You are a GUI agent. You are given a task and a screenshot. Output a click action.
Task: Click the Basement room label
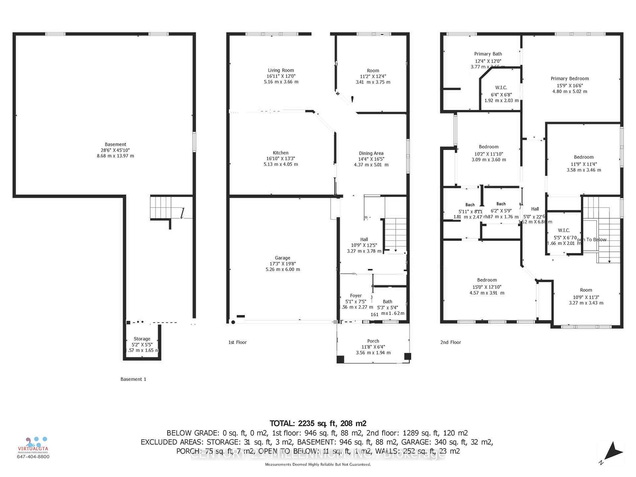click(x=115, y=144)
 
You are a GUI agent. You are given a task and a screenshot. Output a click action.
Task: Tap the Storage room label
click(x=142, y=339)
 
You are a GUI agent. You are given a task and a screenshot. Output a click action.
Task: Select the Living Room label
click(x=281, y=70)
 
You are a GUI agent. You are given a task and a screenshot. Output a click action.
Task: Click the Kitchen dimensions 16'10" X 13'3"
click(x=281, y=159)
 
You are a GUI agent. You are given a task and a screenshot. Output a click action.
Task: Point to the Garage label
click(x=282, y=258)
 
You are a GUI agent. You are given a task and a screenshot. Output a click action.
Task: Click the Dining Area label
click(x=371, y=153)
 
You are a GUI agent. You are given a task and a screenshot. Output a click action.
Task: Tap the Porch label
click(x=373, y=341)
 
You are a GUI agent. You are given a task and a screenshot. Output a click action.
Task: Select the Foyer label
click(x=356, y=296)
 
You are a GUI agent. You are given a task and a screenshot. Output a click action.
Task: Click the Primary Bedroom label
click(x=570, y=79)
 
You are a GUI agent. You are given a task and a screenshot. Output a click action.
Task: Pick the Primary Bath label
click(x=488, y=54)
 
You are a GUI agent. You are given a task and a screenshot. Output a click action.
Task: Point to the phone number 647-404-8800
click(x=33, y=457)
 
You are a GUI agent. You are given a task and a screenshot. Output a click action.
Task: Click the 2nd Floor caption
click(x=450, y=342)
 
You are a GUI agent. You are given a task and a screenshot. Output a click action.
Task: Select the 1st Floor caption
click(x=237, y=342)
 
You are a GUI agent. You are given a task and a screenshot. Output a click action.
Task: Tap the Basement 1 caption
click(x=133, y=379)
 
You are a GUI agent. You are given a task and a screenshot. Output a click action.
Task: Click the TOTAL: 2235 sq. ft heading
click(x=318, y=423)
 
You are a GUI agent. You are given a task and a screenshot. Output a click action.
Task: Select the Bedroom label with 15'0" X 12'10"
click(x=487, y=280)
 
